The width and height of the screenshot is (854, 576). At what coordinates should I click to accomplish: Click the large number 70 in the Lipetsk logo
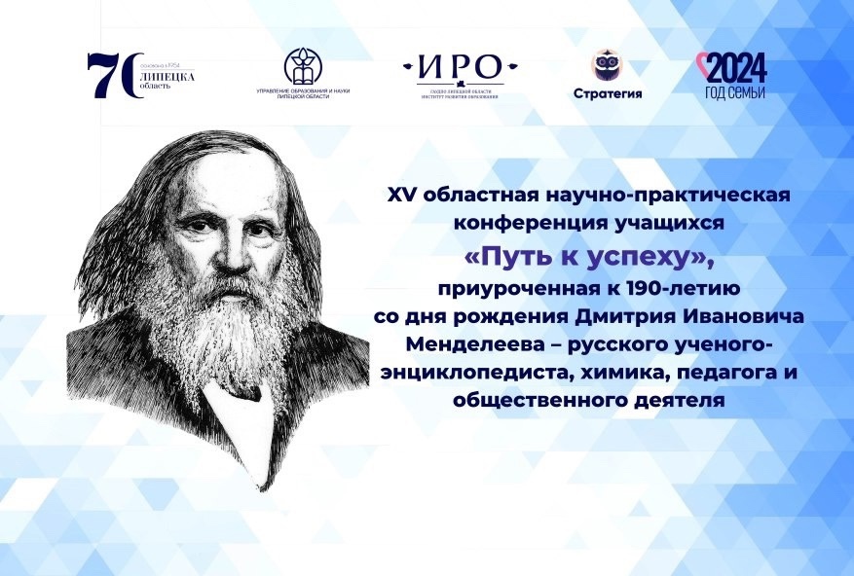click(110, 75)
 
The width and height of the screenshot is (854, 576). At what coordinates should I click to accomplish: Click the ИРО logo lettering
click(461, 67)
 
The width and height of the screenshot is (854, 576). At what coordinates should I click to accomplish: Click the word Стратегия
click(607, 93)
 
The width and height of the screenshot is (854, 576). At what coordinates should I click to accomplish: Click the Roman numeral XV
click(401, 195)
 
